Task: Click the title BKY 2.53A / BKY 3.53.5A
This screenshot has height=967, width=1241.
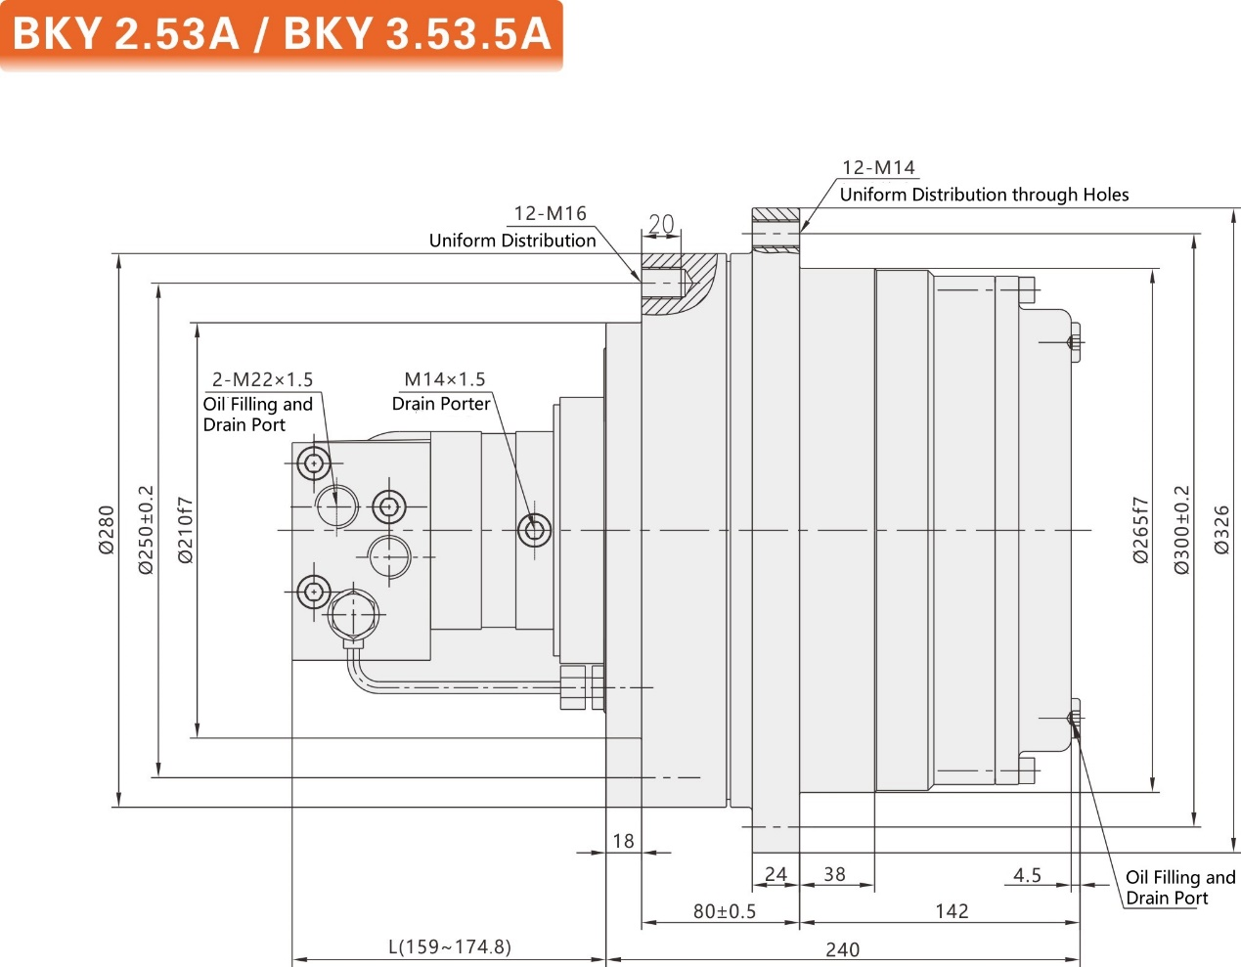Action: pos(281,34)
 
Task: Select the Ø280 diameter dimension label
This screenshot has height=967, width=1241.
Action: pos(107,530)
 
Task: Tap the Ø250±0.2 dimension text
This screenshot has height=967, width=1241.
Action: pos(146,529)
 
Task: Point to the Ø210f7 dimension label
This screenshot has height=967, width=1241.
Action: pos(186,530)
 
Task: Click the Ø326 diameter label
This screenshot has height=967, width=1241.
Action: pos(1221,530)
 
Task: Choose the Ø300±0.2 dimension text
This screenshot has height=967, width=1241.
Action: pos(1181,530)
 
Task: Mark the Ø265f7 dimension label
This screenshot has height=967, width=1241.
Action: pos(1141,530)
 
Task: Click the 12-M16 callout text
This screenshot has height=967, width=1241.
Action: pos(550,213)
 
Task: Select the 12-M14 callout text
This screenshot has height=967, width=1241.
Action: pos(878,167)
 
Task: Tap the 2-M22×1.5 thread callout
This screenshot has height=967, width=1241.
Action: pos(262,379)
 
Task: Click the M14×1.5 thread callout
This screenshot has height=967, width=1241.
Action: pos(444,379)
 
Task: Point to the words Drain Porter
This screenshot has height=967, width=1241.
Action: pos(441,404)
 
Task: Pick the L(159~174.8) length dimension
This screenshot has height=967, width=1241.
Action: pos(449,946)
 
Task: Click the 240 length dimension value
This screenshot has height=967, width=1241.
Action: pos(842,948)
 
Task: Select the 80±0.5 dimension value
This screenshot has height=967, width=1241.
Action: pos(724,911)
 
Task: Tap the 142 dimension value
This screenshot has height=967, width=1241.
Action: pos(952,911)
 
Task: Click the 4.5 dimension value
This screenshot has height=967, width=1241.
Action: pos(1027,875)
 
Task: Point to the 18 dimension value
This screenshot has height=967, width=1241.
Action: pos(623,841)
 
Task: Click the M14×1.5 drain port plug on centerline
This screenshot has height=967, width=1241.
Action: pos(534,530)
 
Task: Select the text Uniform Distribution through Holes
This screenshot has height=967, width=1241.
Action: pos(984,195)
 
